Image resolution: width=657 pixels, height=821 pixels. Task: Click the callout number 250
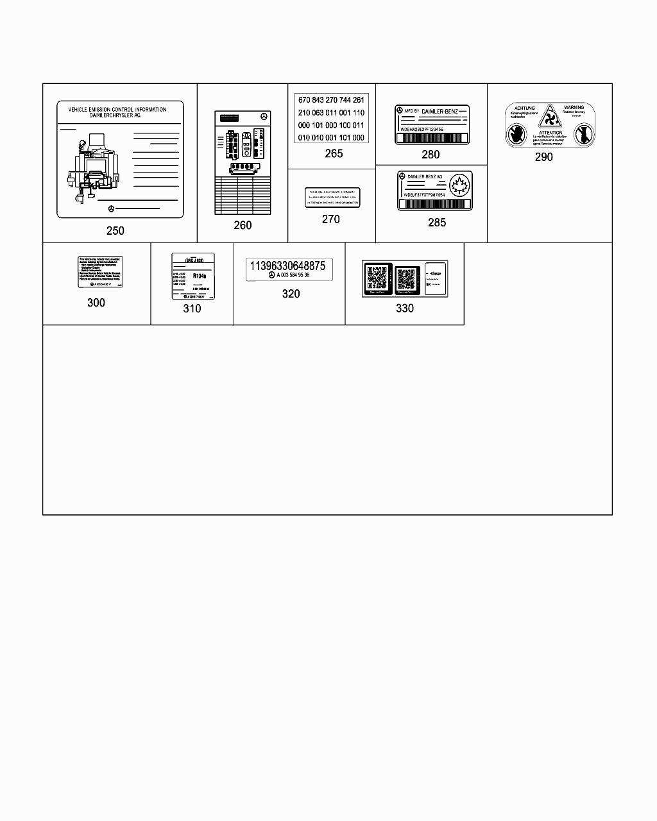(x=115, y=230)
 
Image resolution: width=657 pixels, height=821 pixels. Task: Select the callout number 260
(x=243, y=224)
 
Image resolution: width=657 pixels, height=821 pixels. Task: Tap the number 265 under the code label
(x=334, y=153)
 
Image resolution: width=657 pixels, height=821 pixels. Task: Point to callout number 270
(x=330, y=219)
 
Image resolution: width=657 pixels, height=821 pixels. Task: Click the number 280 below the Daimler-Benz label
(x=431, y=154)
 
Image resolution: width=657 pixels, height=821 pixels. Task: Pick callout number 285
(x=437, y=223)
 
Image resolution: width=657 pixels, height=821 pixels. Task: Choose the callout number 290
(x=543, y=157)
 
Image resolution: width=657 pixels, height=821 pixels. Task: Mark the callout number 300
(x=96, y=302)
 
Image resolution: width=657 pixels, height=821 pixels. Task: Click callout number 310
(x=192, y=308)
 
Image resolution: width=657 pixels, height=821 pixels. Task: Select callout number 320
(x=291, y=293)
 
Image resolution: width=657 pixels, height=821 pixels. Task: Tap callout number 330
(x=404, y=308)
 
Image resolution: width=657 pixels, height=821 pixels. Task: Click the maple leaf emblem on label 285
(x=460, y=186)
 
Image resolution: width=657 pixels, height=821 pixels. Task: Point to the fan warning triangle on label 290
(x=549, y=117)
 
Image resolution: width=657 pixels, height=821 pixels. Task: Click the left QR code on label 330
(x=377, y=278)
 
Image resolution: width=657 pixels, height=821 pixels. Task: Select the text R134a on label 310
(x=200, y=276)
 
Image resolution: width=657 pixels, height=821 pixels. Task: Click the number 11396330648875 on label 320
(x=287, y=266)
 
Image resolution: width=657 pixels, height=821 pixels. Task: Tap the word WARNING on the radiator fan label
(x=574, y=107)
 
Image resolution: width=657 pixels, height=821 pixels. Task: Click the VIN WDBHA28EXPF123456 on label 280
(x=422, y=129)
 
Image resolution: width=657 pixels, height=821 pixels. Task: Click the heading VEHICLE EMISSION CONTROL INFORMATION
(x=117, y=109)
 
